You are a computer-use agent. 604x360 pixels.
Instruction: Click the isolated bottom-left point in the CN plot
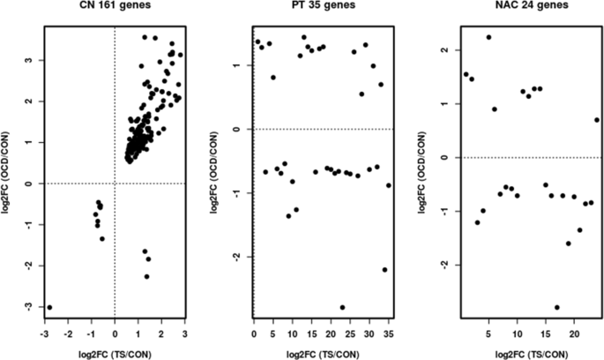tap(49, 307)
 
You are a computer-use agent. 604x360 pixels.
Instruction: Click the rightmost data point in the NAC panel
tap(597, 120)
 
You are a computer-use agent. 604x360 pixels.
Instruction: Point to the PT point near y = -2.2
tap(384, 270)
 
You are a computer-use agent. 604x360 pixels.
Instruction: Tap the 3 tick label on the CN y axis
tap(32, 60)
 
